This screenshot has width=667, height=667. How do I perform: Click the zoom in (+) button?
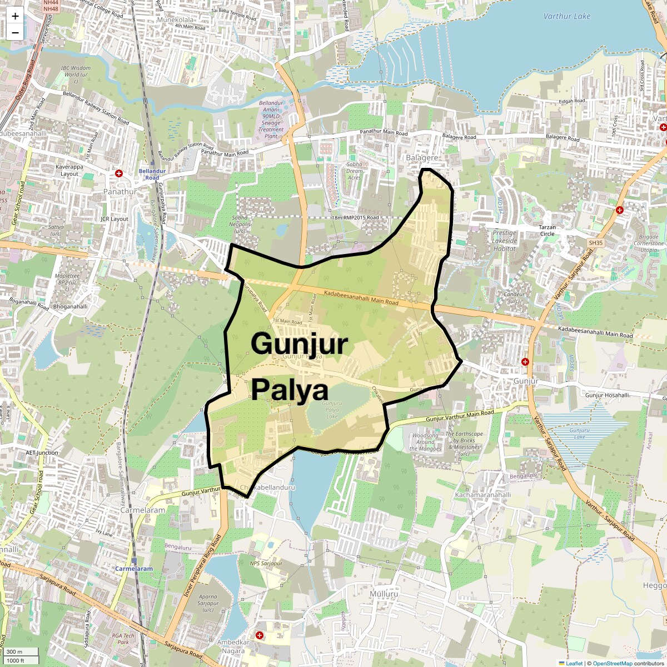tap(15, 16)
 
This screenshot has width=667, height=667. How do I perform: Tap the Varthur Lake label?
tap(567, 16)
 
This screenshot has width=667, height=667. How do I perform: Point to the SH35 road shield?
tap(595, 243)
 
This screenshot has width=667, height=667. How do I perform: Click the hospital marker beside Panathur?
tap(118, 173)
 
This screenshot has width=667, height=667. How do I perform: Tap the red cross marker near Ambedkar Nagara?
tap(259, 635)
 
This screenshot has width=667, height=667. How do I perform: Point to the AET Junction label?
tap(42, 452)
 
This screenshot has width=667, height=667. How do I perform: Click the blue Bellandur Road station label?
tap(149, 174)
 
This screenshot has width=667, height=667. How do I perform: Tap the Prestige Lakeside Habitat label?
tap(505, 241)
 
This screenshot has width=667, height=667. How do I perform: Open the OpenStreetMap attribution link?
tap(612, 663)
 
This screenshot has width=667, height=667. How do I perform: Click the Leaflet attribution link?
tap(573, 663)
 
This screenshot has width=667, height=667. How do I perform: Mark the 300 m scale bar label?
tap(15, 652)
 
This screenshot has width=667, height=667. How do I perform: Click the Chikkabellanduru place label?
tap(266, 487)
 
